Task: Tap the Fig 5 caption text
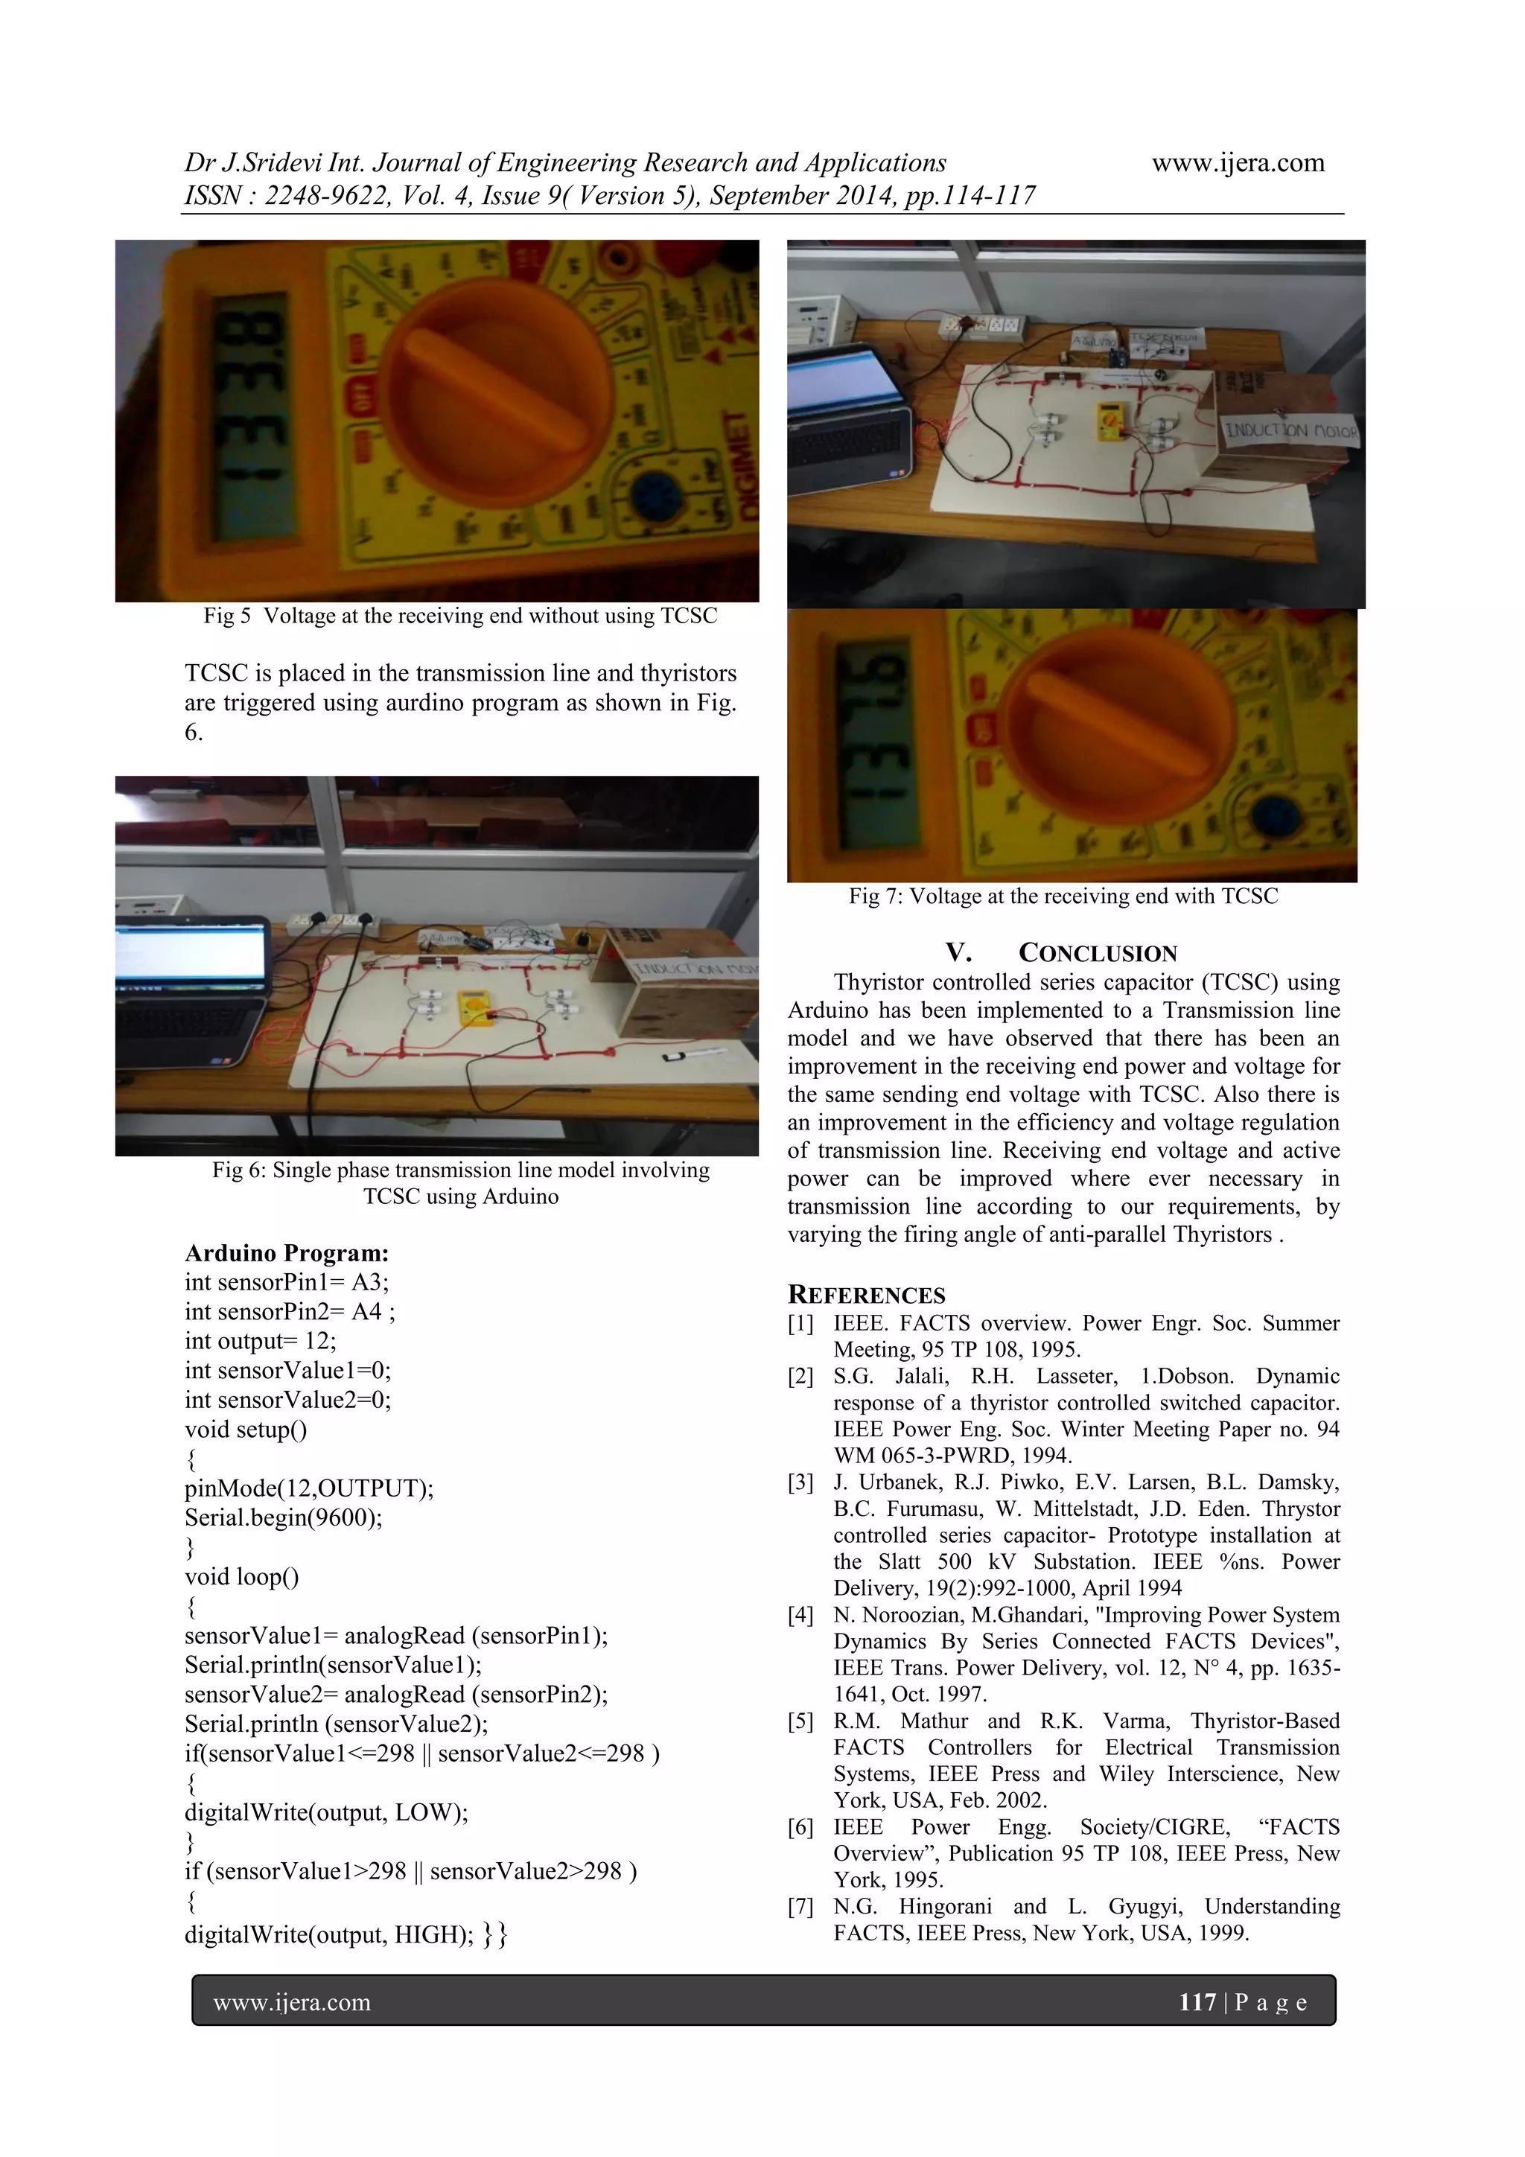pos(459,616)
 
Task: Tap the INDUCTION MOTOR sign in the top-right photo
pos(1289,430)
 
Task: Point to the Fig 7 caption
pos(1063,896)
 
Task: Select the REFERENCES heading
pos(866,1296)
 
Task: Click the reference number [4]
pos(800,1616)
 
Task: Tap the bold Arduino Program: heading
pos(287,1253)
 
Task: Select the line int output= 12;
pos(261,1341)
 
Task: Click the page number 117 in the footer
pos(1197,2002)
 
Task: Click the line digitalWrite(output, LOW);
pos(326,1812)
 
